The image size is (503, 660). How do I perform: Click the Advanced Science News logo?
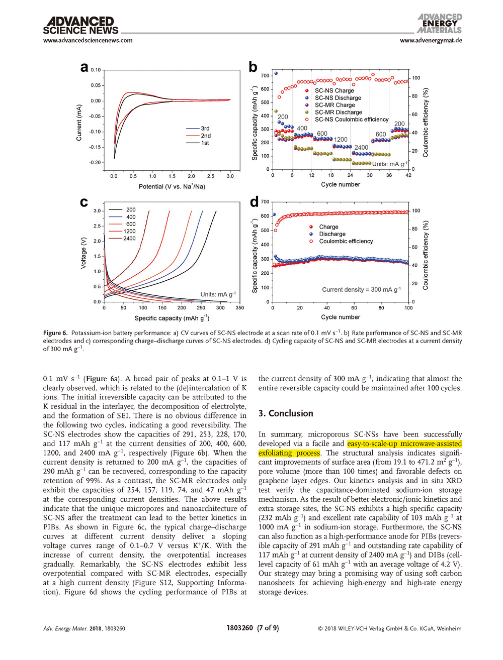point(80,26)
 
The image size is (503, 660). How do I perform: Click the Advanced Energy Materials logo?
point(440,24)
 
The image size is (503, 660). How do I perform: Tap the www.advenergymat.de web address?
point(431,40)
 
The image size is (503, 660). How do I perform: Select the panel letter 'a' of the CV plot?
point(85,67)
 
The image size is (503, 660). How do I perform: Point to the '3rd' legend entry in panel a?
point(205,129)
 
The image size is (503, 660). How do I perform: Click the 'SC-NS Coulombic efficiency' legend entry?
point(352,120)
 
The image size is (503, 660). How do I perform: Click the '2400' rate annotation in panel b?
point(361,148)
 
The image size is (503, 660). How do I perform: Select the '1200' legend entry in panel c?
point(129,232)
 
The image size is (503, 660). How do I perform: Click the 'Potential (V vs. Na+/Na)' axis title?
point(172,187)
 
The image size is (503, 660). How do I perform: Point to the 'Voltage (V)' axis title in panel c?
point(83,253)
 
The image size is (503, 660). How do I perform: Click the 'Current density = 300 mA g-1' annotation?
point(361,290)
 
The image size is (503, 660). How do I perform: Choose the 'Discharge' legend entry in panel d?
point(332,234)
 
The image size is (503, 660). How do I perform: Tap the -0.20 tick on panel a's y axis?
point(96,163)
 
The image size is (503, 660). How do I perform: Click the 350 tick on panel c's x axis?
point(239,308)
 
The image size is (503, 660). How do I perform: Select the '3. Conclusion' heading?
point(286,413)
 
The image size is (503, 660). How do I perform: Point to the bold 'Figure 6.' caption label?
point(55,333)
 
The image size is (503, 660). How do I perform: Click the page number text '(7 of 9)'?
point(268,628)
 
